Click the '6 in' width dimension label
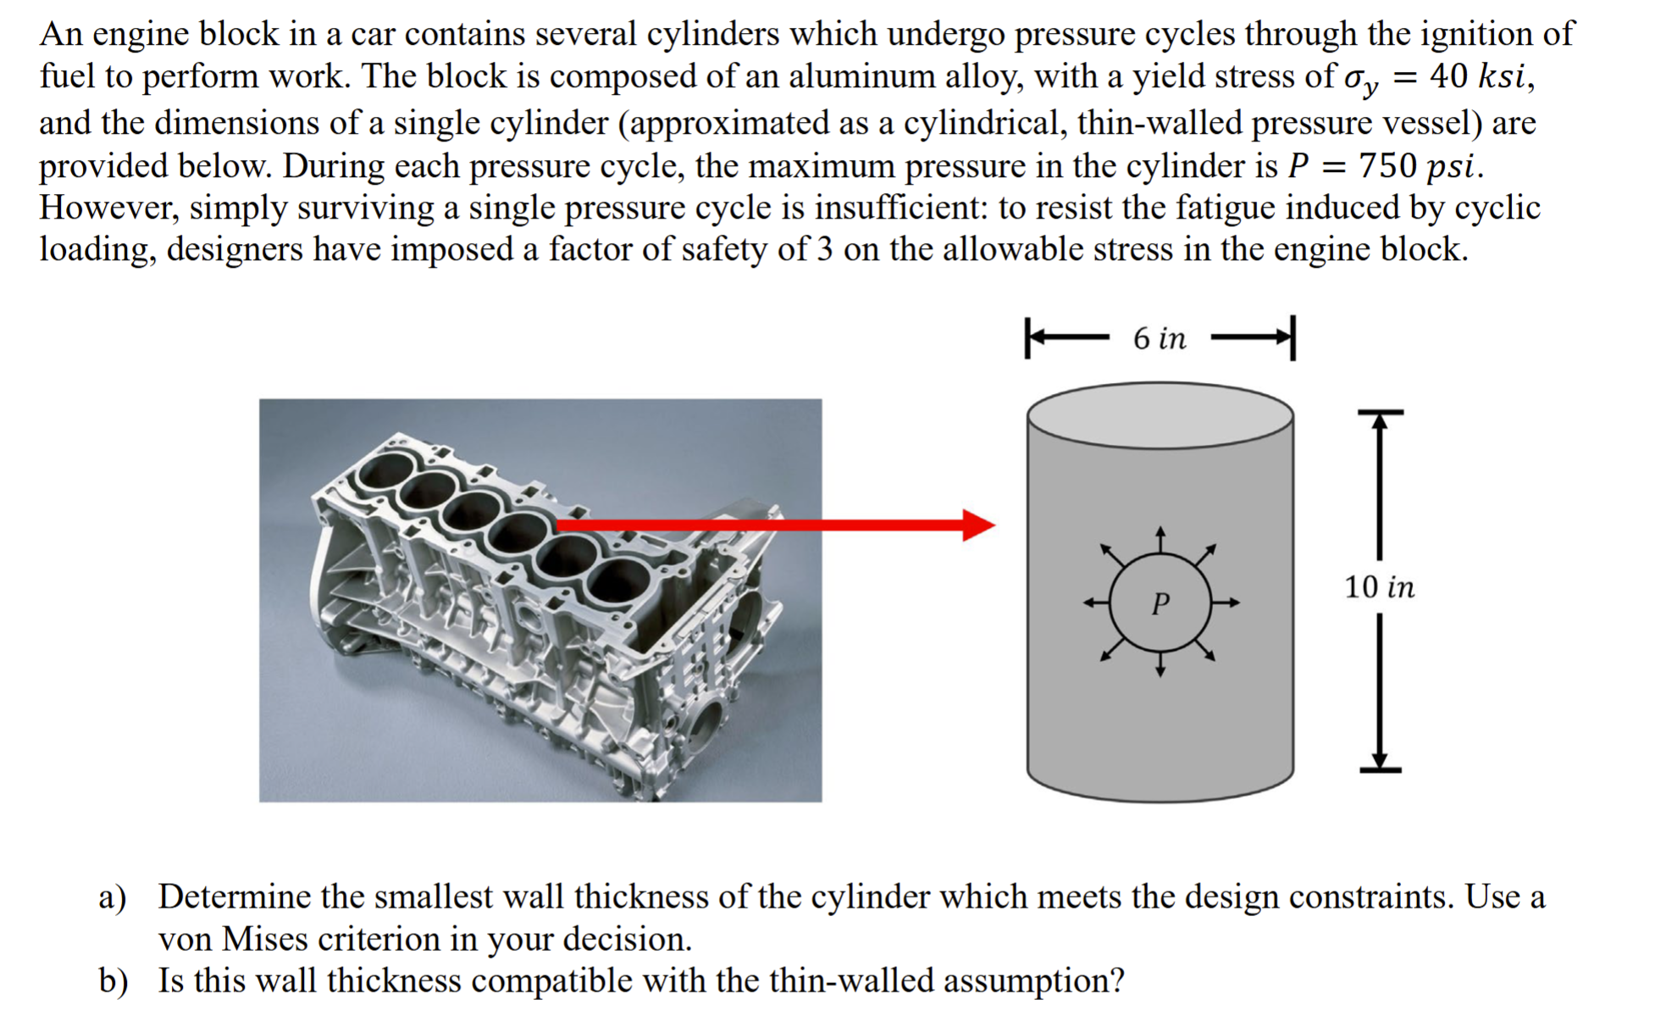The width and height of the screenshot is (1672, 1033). click(1160, 339)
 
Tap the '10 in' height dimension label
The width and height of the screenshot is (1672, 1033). click(1379, 586)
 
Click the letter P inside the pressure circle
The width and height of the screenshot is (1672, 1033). click(1160, 603)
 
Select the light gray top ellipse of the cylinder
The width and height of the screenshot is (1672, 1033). click(1160, 415)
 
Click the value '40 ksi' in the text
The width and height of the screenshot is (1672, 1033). click(1480, 77)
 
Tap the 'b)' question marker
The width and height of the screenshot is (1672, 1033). click(113, 981)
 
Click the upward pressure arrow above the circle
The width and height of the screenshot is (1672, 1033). click(1160, 540)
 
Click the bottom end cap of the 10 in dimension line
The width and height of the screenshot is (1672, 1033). click(1380, 769)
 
